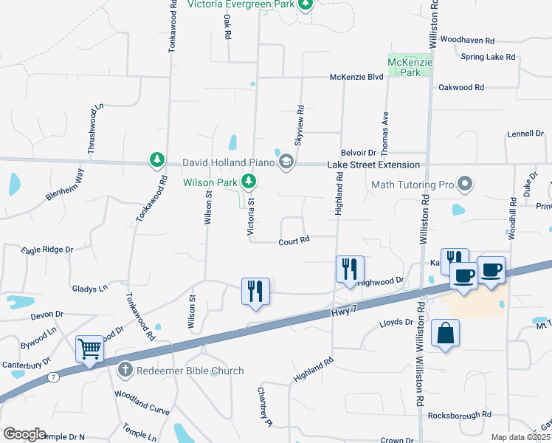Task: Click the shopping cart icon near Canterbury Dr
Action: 89,348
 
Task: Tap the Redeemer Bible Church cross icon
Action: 125,368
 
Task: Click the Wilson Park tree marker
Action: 249,180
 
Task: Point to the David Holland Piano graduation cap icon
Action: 286,162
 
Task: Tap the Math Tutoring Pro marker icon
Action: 465,183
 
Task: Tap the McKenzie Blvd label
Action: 356,77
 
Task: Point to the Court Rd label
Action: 293,241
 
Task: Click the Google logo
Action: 24,434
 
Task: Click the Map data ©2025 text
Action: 520,437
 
